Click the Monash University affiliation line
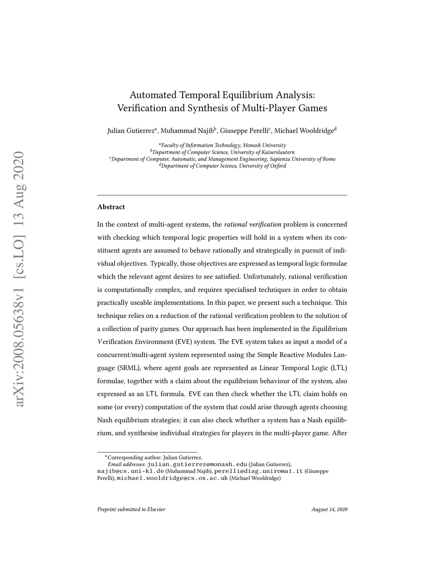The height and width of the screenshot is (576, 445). click(222, 145)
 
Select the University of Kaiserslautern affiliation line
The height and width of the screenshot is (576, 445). click(222, 152)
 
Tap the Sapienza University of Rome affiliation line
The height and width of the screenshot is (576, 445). click(222, 159)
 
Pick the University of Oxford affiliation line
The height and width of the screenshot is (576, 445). click(222, 166)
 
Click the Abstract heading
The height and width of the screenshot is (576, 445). click(111, 207)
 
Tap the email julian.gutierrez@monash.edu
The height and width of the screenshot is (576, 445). click(197, 464)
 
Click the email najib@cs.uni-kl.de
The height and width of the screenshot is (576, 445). click(130, 471)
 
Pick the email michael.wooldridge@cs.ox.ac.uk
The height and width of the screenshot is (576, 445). click(172, 478)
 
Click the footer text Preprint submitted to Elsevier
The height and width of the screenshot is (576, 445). click(131, 509)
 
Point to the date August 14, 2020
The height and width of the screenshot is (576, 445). click(329, 509)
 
